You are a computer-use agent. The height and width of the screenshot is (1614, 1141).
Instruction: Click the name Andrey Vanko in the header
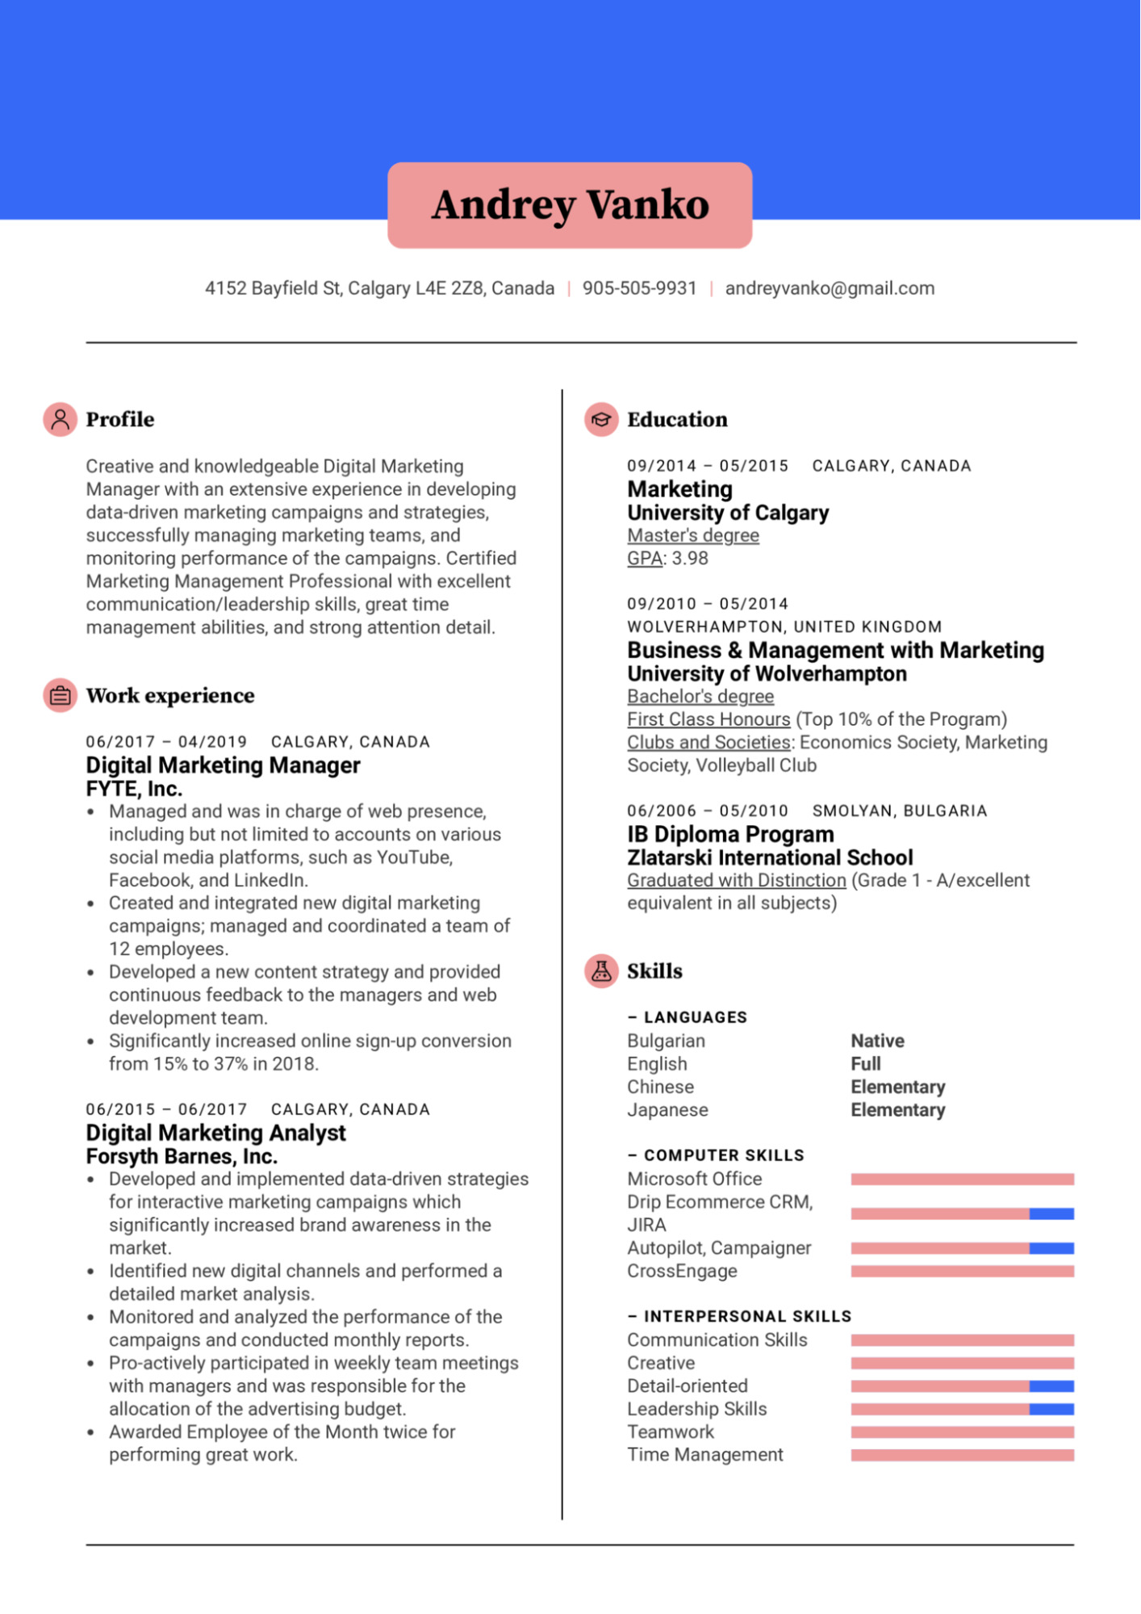(570, 205)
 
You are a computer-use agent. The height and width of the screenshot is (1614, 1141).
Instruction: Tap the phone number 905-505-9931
(639, 288)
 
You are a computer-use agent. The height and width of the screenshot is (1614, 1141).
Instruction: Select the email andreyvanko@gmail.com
(830, 288)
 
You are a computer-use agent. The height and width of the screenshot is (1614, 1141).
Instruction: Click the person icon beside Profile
(61, 419)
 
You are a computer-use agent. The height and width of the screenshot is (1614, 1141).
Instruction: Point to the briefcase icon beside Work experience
(61, 695)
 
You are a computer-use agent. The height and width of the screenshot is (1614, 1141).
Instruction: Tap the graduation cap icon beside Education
(601, 419)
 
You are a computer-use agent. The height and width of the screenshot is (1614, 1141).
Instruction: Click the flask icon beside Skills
(601, 970)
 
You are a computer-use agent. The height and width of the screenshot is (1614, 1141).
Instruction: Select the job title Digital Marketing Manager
(223, 765)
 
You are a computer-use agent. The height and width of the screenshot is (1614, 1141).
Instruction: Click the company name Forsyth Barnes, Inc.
(182, 1156)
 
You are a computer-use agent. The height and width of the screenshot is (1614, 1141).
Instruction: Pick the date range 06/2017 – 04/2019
(166, 742)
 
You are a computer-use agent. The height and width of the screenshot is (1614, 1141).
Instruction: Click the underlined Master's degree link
(693, 535)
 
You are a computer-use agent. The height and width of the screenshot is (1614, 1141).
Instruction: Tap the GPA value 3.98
(690, 559)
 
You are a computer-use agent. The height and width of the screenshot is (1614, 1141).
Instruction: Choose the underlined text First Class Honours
(708, 719)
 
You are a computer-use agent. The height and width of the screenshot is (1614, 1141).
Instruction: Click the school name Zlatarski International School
(770, 857)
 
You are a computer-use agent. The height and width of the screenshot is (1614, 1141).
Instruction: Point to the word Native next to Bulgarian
(877, 1041)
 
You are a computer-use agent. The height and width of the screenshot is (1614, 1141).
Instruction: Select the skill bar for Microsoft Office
(962, 1180)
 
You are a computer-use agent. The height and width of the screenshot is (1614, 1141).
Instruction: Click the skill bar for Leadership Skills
(962, 1410)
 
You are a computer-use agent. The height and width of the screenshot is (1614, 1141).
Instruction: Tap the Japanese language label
(667, 1110)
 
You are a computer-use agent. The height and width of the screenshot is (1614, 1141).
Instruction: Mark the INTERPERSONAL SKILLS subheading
(747, 1317)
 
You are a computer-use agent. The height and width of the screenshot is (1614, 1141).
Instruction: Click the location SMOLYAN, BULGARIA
(899, 811)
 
